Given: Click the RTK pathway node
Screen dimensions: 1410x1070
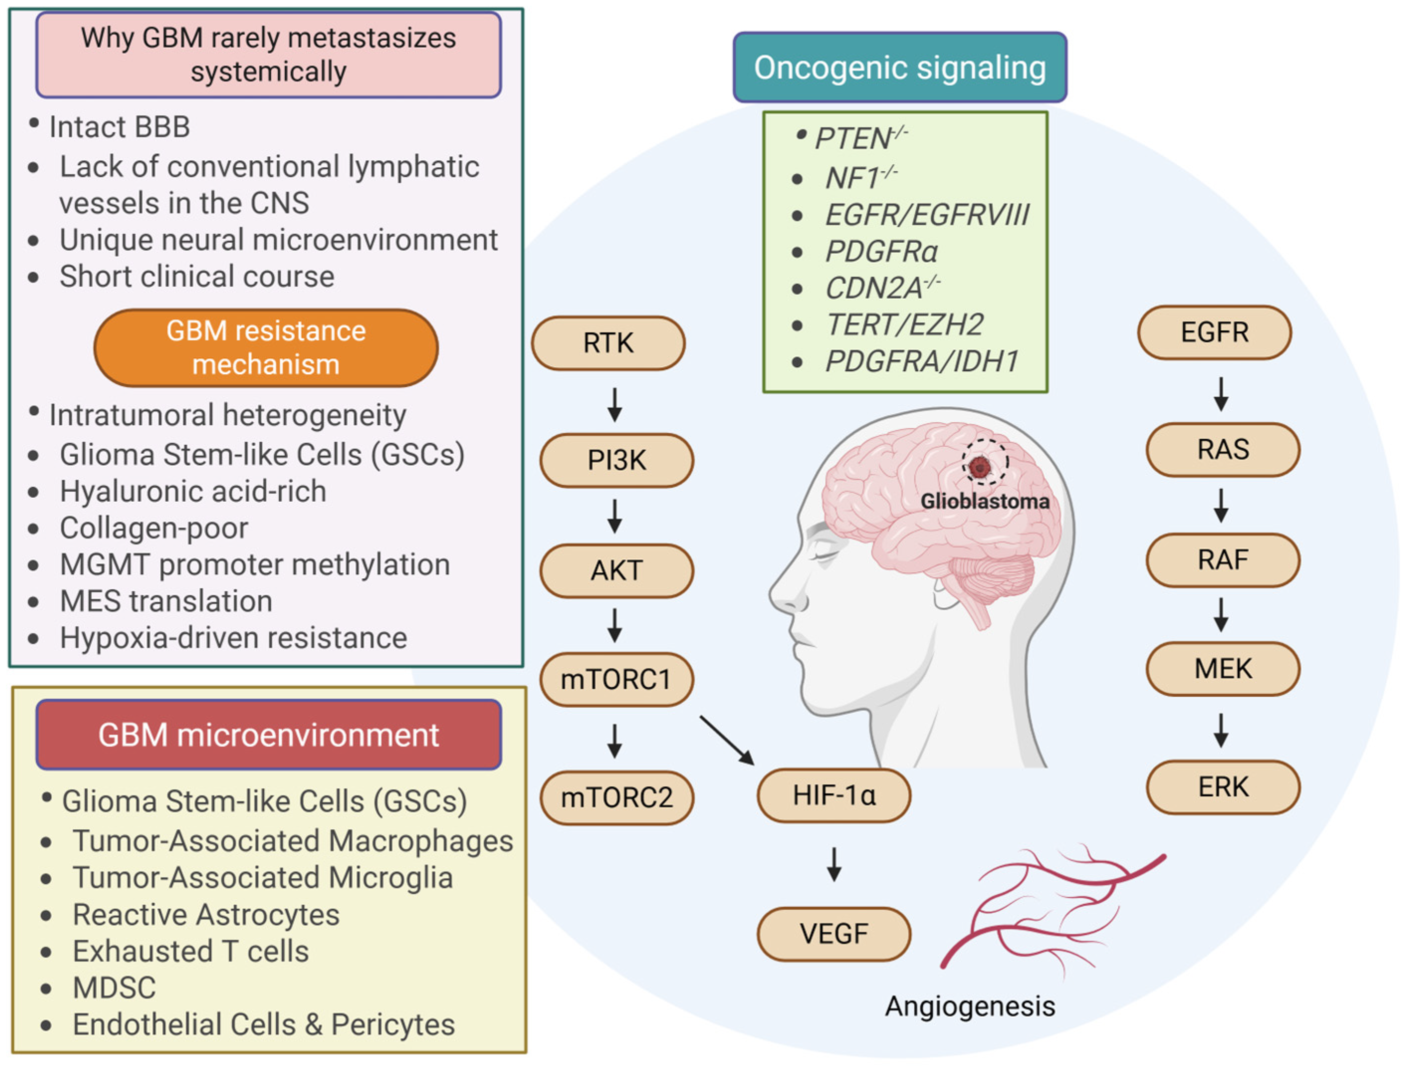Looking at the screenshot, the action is click(608, 343).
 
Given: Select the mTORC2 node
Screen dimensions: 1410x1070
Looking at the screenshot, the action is click(616, 797).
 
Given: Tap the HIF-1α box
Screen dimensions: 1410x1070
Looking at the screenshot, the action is click(834, 795).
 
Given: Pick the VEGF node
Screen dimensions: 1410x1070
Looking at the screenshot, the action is click(834, 934).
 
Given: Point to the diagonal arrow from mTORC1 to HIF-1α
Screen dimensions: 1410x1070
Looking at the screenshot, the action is click(727, 740).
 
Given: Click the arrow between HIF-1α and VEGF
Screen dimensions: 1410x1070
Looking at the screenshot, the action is click(834, 864).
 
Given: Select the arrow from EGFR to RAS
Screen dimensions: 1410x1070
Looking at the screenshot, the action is click(1221, 394).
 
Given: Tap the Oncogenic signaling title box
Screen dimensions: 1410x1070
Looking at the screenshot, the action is click(900, 68).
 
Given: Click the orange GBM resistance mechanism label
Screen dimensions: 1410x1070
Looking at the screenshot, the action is click(266, 348).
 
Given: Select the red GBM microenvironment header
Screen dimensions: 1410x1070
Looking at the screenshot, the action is click(268, 735).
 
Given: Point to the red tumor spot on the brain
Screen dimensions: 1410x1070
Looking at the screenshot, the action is click(979, 467).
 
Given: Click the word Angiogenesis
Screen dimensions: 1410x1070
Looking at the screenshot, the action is click(970, 1006).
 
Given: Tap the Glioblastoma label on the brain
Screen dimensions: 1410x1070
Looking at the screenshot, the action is click(985, 502).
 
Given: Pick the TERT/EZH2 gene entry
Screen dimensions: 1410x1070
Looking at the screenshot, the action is click(904, 325).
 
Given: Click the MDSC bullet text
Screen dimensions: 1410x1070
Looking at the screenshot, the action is click(115, 988).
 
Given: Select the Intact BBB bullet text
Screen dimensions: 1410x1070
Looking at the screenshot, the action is click(120, 127).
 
